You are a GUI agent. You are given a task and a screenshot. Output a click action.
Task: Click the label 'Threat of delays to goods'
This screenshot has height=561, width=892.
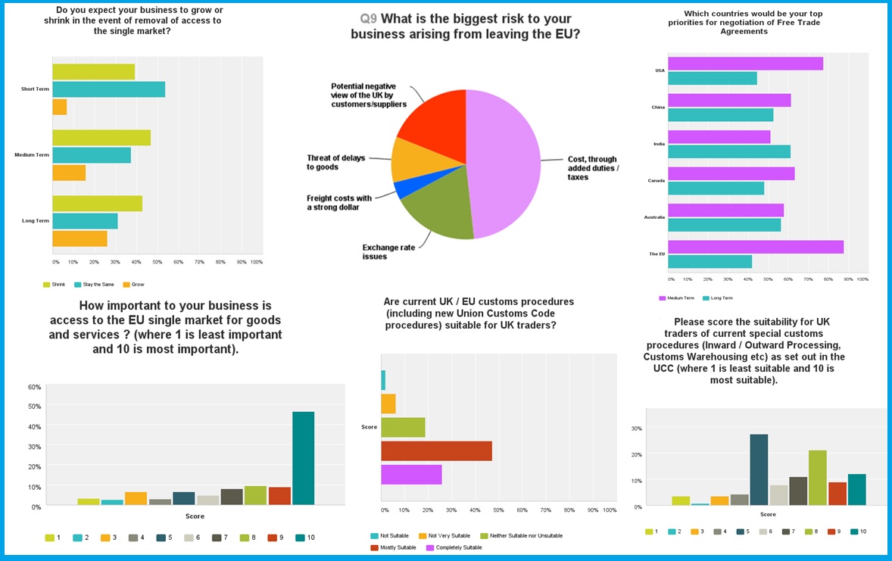335,162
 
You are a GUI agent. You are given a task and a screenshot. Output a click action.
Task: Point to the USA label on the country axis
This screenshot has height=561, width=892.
660,70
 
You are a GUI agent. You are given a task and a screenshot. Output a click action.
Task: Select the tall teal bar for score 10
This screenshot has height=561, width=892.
303,457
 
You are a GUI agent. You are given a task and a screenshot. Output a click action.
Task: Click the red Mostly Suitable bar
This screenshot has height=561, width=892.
436,451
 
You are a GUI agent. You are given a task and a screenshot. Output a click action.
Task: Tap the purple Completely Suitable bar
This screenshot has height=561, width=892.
411,475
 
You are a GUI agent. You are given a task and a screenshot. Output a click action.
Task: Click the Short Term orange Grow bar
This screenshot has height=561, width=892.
59,108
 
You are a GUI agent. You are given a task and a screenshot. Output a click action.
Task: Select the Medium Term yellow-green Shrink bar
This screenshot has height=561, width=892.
101,138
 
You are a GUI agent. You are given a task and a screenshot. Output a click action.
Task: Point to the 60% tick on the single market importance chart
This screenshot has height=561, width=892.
35,387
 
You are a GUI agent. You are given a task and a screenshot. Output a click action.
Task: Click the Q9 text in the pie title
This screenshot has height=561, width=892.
369,19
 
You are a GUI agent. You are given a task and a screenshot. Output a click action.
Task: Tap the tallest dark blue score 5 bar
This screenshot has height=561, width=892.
759,469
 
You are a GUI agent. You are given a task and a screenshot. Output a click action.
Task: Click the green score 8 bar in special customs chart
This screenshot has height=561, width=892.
817,477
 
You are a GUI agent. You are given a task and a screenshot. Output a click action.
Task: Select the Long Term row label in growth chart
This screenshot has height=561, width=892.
35,221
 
